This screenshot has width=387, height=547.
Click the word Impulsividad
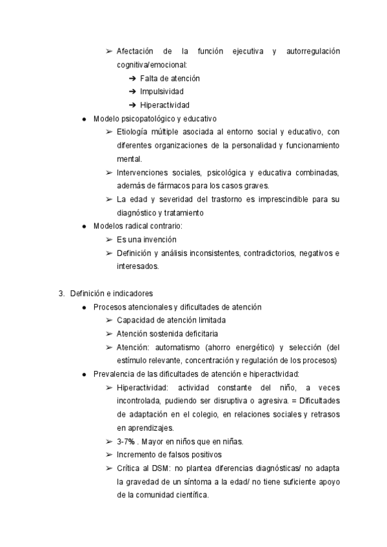point(161,92)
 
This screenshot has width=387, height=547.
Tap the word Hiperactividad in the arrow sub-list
point(164,105)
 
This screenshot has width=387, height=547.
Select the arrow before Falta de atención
point(132,78)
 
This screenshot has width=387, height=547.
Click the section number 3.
point(61,293)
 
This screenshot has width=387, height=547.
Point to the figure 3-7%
point(126,441)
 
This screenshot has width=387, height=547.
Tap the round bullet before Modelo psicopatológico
point(85,119)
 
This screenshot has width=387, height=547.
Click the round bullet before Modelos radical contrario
point(85,226)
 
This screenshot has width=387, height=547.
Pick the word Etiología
point(134,132)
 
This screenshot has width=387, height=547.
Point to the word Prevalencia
point(114,374)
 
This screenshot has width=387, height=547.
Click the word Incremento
point(137,455)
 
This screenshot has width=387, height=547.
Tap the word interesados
point(137,266)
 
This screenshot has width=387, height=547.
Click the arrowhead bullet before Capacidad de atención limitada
point(109,321)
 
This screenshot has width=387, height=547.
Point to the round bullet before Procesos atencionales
point(85,307)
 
